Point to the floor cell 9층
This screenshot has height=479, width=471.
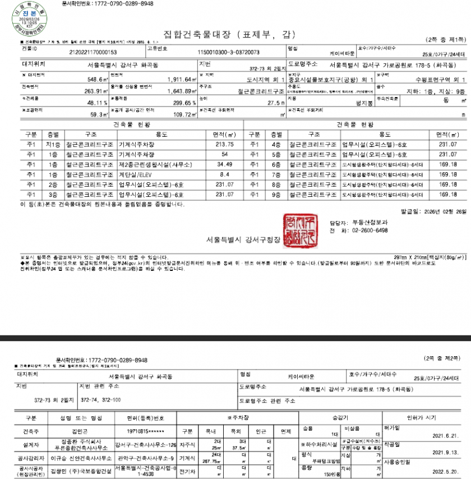click(276, 194)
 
